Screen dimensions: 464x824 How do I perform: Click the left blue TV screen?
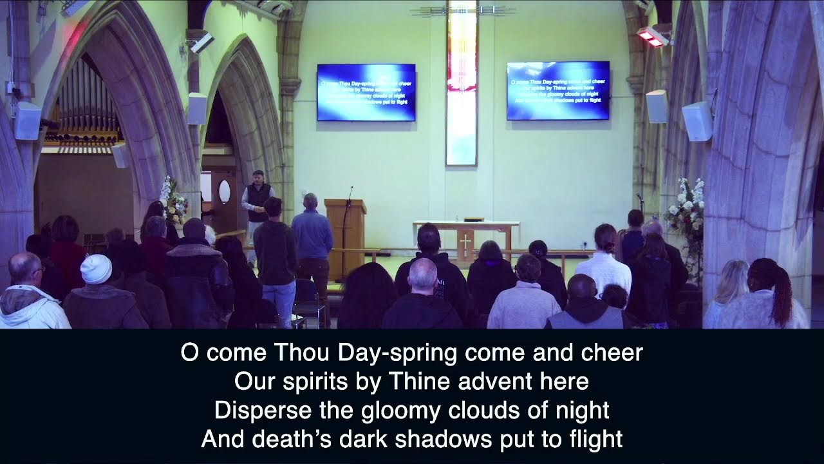point(366,92)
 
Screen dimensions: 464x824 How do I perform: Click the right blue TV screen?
point(557,90)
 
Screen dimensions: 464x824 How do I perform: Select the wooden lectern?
point(345,235)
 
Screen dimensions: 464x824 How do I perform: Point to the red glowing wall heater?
point(651,37)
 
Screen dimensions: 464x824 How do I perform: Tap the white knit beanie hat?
point(96,269)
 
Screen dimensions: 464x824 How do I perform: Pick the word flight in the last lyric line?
point(596,439)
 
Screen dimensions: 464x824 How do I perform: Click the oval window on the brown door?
point(224,191)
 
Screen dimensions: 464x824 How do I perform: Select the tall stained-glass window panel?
point(462,84)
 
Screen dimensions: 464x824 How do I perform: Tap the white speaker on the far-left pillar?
point(28,121)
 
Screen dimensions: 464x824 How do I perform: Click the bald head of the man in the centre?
point(423,273)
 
